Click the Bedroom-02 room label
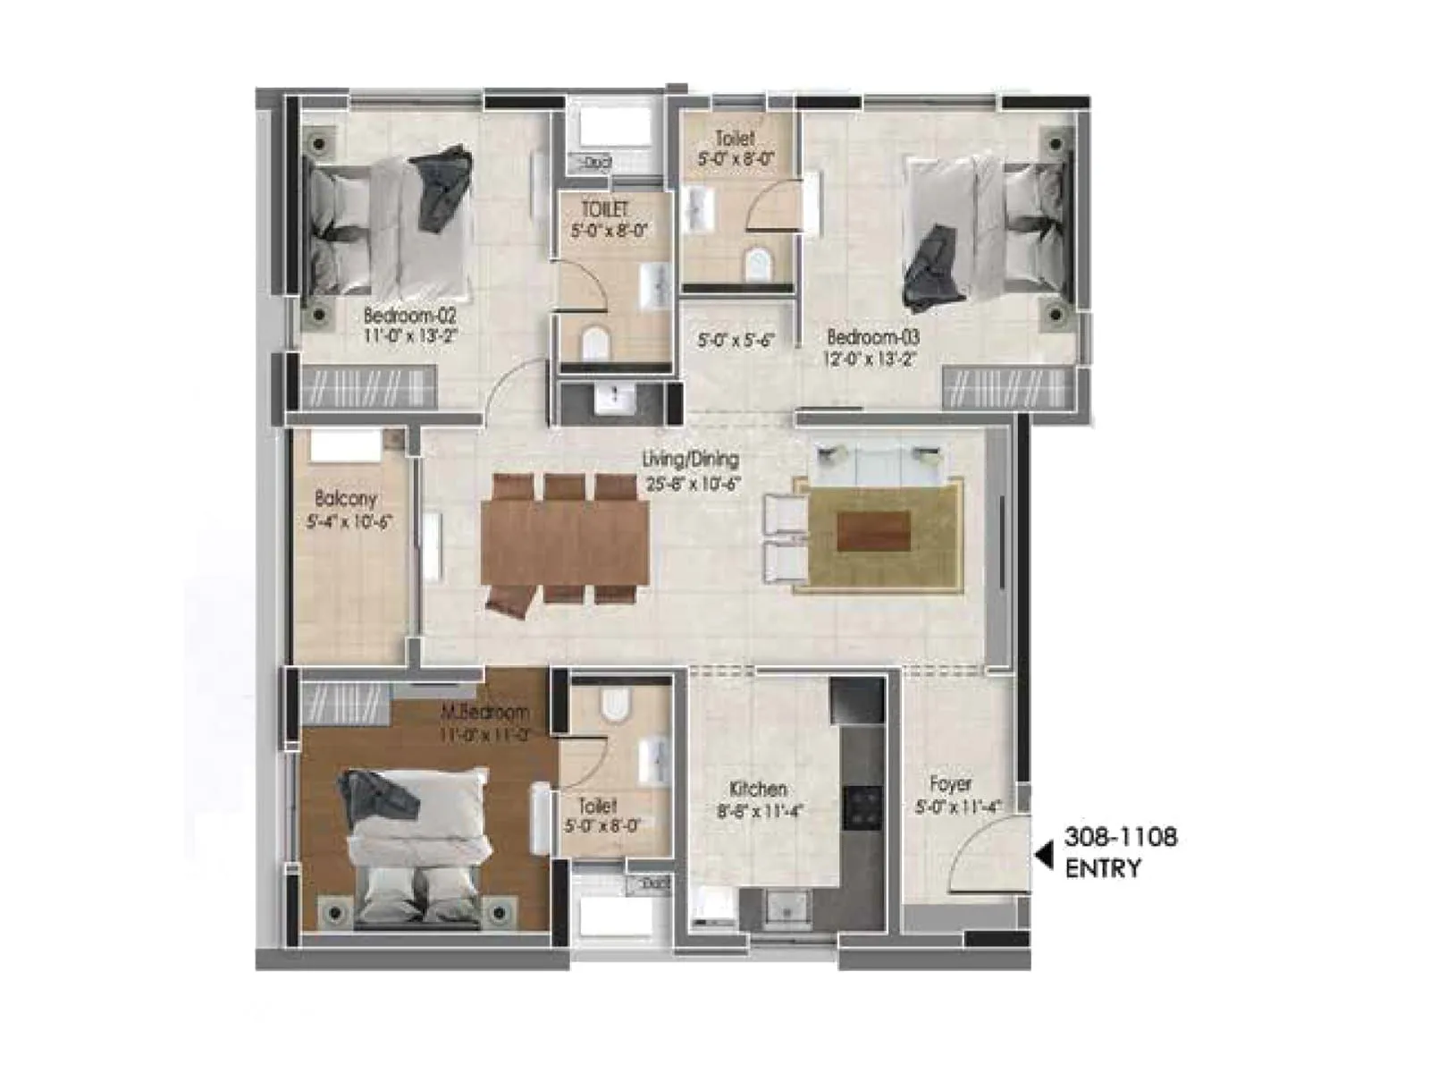[x=409, y=316]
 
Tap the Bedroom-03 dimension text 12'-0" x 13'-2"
[x=871, y=359]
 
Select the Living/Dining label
[x=691, y=460]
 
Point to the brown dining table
[x=565, y=541]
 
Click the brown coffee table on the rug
[x=873, y=531]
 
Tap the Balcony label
[x=346, y=499]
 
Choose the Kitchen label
[x=758, y=789]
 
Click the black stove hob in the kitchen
[x=863, y=807]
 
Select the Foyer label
[x=950, y=784]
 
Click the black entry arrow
[x=1043, y=856]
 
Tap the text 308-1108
[x=1120, y=837]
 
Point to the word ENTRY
[x=1103, y=868]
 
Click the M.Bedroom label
[x=484, y=713]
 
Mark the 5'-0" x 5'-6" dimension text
[x=735, y=341]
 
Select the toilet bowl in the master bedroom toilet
[x=615, y=705]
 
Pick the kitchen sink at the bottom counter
[x=787, y=908]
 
